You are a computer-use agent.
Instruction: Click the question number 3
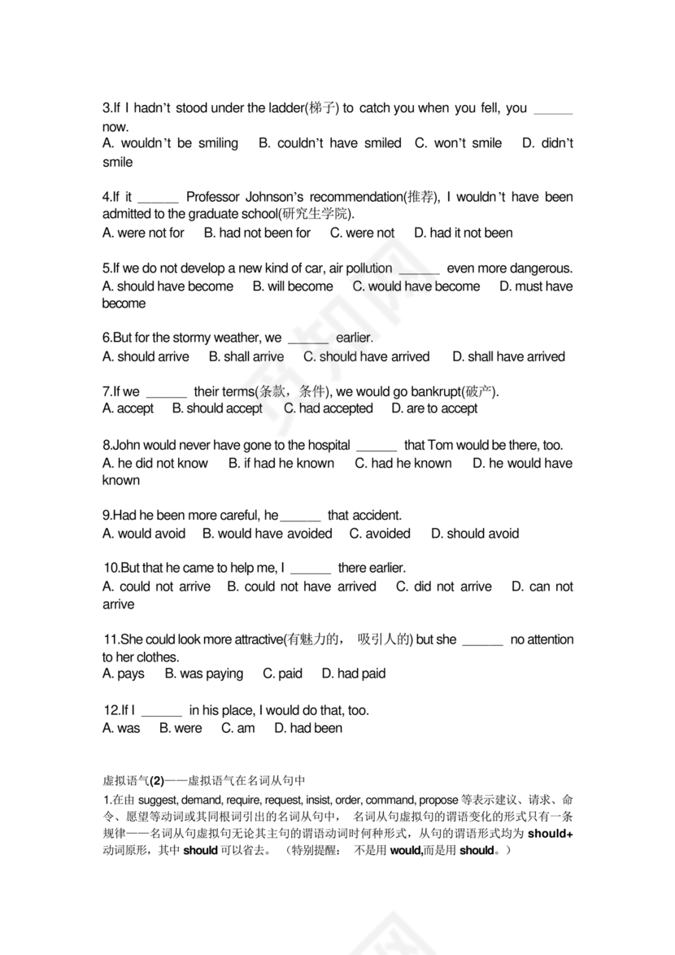(x=107, y=108)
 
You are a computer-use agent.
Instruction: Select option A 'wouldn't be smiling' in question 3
(x=171, y=143)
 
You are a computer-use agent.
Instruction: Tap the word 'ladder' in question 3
(x=288, y=108)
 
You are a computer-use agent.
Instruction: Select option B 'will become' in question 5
(x=293, y=286)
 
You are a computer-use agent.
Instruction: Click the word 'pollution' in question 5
(x=367, y=268)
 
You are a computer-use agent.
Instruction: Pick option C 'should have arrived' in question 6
(x=366, y=356)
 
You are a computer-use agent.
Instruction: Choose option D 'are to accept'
(x=434, y=408)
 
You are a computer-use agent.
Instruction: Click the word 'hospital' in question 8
(x=324, y=445)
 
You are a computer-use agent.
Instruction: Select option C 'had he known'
(x=403, y=463)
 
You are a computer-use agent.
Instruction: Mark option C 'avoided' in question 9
(x=380, y=534)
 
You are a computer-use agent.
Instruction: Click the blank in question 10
(x=310, y=569)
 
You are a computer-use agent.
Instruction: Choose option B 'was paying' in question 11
(x=203, y=674)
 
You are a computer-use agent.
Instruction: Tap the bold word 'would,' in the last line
(x=405, y=851)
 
